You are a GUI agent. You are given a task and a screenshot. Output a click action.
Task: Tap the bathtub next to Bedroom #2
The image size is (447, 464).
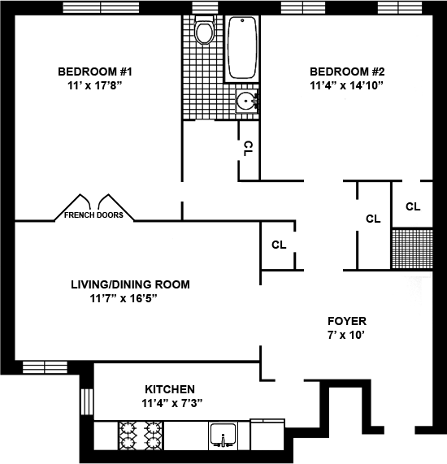click(242, 48)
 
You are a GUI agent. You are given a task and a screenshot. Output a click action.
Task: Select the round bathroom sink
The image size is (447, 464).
click(246, 101)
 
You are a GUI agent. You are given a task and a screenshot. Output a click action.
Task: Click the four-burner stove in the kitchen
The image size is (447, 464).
click(141, 436)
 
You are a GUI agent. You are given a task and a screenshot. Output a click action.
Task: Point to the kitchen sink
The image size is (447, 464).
click(223, 434)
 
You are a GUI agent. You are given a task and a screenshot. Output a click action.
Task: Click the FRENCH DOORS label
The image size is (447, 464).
click(93, 215)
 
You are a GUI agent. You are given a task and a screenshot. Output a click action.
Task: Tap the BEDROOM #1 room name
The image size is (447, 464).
click(95, 72)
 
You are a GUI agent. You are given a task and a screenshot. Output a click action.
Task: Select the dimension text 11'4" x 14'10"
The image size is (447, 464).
click(346, 85)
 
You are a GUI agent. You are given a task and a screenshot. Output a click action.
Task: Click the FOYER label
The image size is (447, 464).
click(347, 321)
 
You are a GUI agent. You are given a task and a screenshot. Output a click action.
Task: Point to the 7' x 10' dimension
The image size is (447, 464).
click(345, 335)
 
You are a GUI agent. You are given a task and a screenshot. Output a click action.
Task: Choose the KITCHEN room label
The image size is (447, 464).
click(170, 389)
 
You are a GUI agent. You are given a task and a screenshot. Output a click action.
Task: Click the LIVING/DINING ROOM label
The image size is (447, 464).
click(130, 284)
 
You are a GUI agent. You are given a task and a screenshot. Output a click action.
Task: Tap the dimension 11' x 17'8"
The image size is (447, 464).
click(95, 85)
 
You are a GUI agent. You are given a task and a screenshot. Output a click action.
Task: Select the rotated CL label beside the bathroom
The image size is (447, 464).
click(248, 149)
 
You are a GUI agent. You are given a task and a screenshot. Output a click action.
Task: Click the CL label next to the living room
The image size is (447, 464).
click(279, 245)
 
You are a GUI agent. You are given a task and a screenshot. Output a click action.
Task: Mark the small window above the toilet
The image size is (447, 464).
click(205, 7)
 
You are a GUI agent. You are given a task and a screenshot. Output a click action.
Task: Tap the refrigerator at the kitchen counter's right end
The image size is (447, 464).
click(267, 435)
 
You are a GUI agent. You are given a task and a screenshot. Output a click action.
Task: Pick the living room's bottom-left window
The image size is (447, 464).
click(45, 367)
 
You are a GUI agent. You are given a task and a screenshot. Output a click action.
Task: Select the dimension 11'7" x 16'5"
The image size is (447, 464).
click(124, 298)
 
